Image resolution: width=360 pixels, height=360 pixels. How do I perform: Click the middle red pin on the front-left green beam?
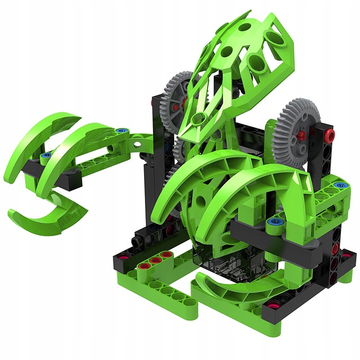pyautogui.click(x=156, y=261)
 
